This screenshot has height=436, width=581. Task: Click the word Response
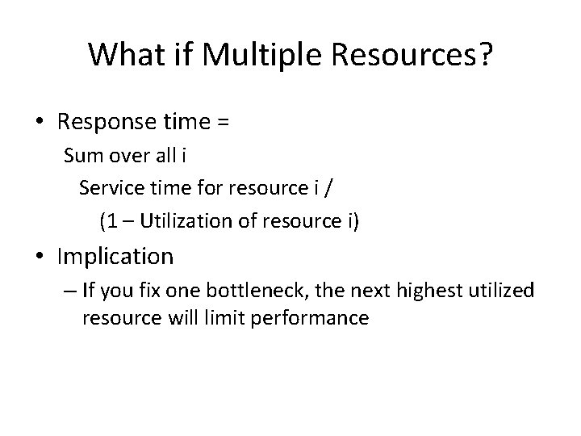coord(106,123)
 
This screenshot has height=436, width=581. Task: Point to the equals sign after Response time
coord(224,124)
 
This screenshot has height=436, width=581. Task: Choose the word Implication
coord(115,258)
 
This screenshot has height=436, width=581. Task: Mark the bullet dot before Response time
coord(40,124)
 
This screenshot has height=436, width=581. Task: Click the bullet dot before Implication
coord(40,258)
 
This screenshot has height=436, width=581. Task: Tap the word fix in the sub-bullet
coord(146,291)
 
